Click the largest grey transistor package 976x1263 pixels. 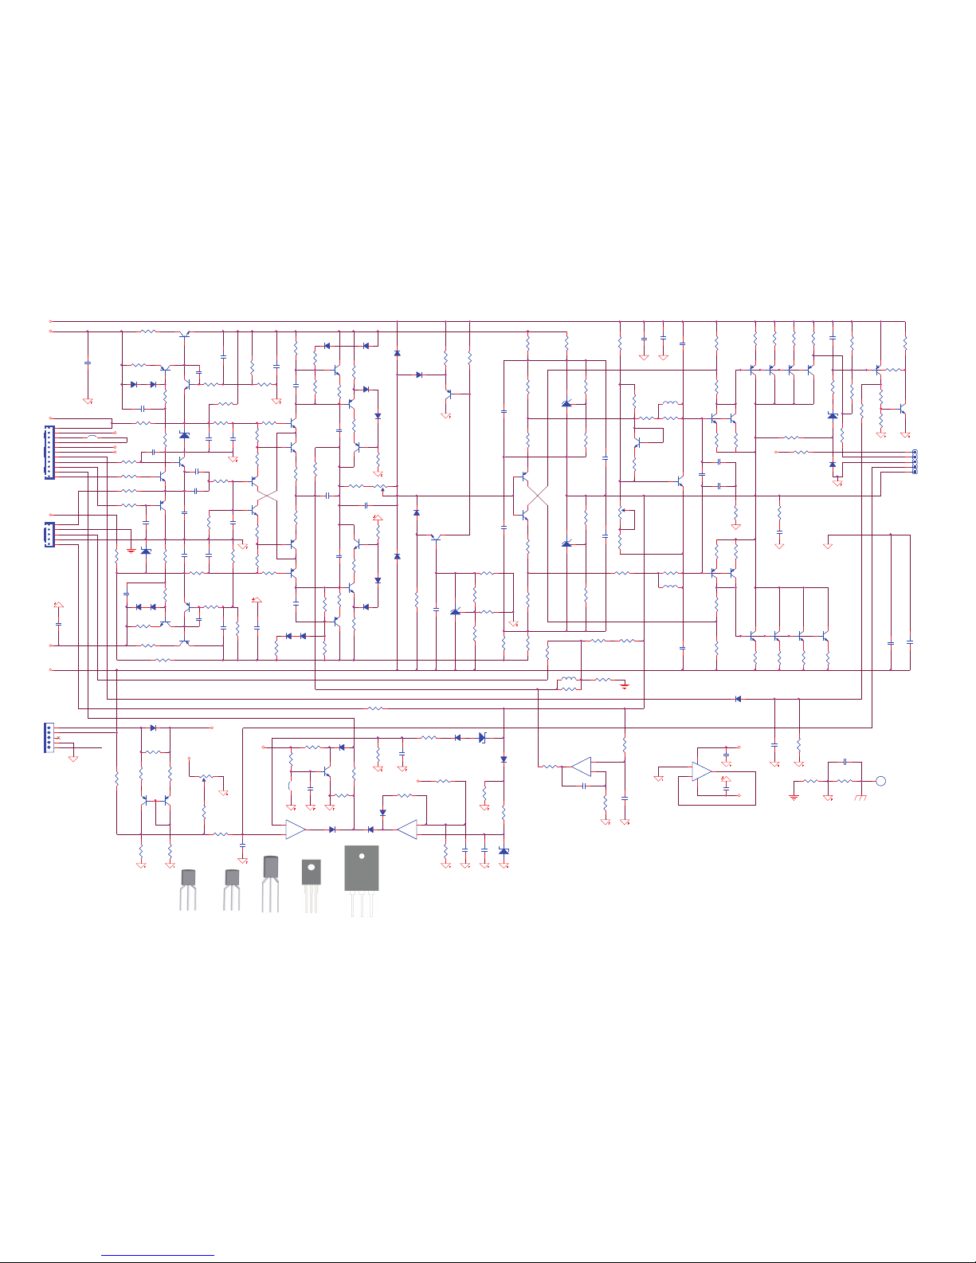[361, 868]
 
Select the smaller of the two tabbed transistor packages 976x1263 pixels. [311, 872]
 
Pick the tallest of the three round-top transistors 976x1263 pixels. [271, 869]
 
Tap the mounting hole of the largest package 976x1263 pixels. [361, 857]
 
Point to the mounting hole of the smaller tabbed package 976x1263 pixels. [311, 867]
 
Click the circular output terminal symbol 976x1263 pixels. [880, 781]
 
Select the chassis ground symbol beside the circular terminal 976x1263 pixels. [860, 797]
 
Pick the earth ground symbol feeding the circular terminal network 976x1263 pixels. [794, 795]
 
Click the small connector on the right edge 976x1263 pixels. [914, 461]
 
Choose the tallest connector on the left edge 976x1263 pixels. [49, 453]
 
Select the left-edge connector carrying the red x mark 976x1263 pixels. [49, 738]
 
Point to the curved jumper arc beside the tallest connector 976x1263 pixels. [93, 437]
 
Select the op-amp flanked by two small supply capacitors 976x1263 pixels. [701, 771]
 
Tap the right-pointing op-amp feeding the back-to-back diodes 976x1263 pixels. [296, 830]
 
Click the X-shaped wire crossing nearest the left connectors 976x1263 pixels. [267, 495]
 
